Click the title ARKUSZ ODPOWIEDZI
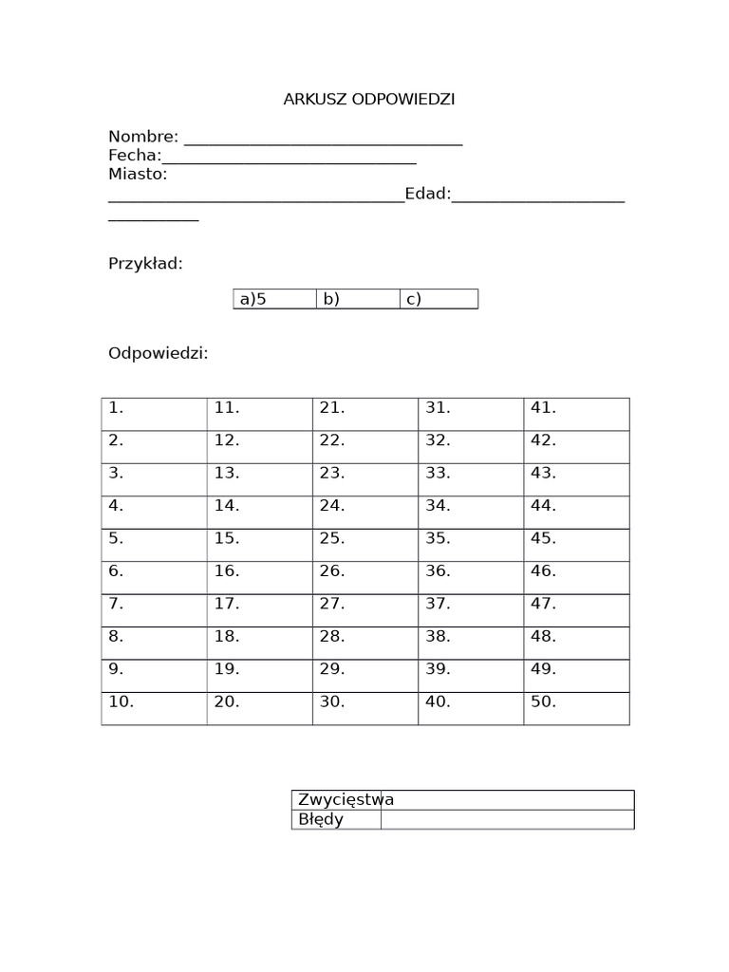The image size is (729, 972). pos(369,100)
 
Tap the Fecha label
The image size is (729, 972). pos(134,156)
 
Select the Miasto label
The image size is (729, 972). pos(138,175)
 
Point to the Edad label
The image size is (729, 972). pos(427,194)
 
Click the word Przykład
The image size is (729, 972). pos(145,264)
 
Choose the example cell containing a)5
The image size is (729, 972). pos(274,299)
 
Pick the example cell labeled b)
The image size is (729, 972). pos(358,299)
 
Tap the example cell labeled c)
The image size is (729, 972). pos(439,299)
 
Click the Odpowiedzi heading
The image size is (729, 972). pos(158,353)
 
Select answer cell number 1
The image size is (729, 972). pos(154,414)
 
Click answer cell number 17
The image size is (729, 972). pos(259,609)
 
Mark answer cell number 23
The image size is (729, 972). pos(365,479)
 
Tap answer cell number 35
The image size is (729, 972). pos(471,544)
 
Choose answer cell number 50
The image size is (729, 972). pos(576,708)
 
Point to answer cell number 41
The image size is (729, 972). pos(576,414)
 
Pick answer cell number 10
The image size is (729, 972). pos(154,708)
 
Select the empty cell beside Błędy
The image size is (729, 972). pos(507,819)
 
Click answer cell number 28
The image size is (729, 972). pos(365,643)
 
